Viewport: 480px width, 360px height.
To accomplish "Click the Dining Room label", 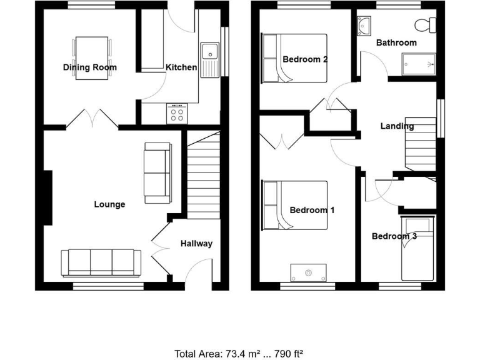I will (x=89, y=67).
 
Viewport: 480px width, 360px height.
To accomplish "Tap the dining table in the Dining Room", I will (x=92, y=50).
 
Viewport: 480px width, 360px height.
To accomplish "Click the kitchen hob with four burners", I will (x=176, y=112).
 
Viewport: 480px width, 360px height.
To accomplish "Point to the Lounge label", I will (x=109, y=204).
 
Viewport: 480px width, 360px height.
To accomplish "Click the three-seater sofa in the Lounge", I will (x=97, y=262).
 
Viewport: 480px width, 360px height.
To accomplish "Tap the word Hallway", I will (x=196, y=244).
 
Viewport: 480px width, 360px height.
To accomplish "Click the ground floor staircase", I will (x=203, y=178).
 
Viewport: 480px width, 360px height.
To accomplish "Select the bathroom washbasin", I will (x=365, y=26).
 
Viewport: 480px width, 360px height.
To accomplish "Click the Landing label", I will (x=397, y=126).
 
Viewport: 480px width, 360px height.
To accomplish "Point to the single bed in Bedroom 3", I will (x=416, y=249).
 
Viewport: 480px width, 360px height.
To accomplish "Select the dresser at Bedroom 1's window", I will (x=308, y=272).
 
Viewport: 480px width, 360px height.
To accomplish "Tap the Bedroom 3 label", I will (x=394, y=236).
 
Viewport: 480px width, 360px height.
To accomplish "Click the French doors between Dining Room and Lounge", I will (x=92, y=118).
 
